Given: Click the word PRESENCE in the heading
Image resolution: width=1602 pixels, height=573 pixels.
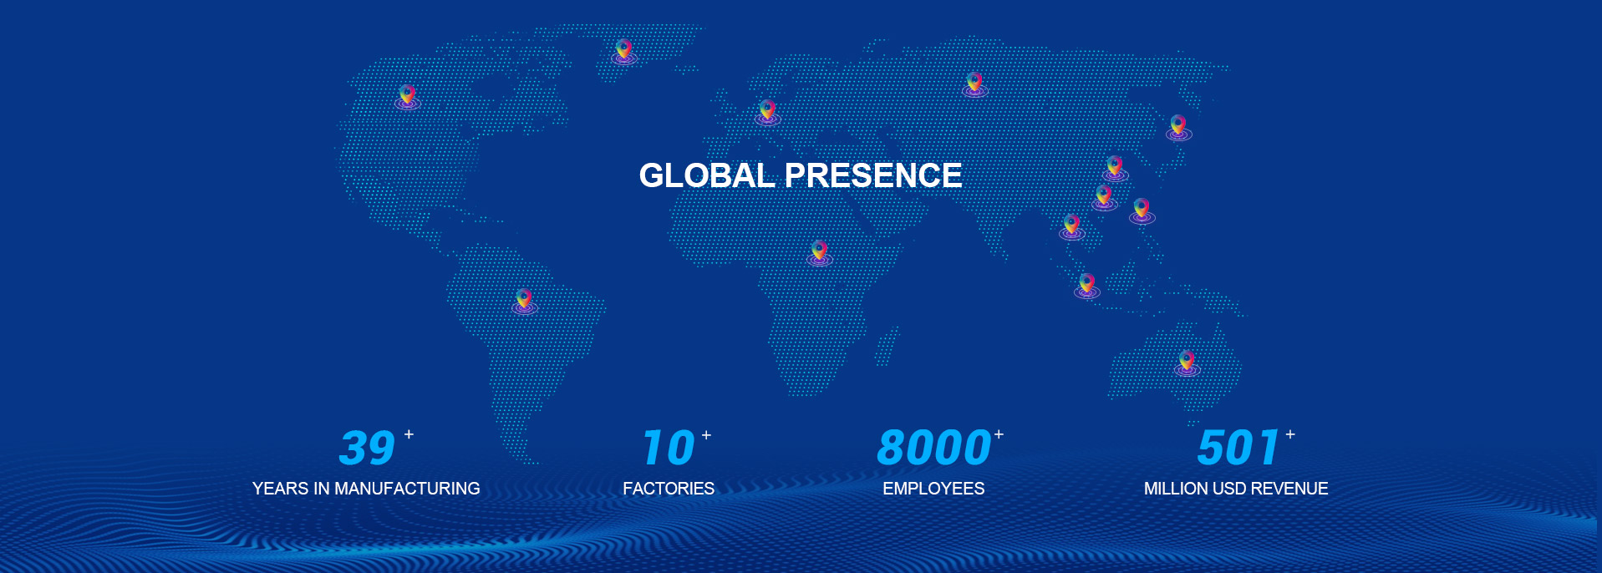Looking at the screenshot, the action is pos(873,175).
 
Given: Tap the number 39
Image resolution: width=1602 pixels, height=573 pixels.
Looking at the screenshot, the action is pos(367,448).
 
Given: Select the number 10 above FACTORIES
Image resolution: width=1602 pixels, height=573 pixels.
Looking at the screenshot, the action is pos(669,448).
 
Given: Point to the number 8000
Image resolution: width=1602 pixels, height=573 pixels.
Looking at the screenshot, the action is pos(933,448).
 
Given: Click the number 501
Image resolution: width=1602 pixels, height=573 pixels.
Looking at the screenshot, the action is pos(1238,448).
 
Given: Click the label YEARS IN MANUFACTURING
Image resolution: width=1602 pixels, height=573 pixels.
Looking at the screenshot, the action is pos(366,489).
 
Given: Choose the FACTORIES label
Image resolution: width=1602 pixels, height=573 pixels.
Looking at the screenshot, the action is pos(669,489).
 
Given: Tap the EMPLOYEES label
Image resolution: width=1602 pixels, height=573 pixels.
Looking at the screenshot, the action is pos(933,489).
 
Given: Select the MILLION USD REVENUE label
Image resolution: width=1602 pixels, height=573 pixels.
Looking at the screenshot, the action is pos(1236,489).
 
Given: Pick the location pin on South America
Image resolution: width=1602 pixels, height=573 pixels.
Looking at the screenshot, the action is pos(524,300).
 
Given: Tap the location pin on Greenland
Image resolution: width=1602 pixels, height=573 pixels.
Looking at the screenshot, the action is pos(623,50).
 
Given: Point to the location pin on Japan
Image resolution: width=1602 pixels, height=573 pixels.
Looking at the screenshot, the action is pos(1178,126).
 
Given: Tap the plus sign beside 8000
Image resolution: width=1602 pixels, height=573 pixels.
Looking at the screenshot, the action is pos(999,434).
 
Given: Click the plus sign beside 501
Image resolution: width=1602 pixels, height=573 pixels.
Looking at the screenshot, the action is pos(1290,434).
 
